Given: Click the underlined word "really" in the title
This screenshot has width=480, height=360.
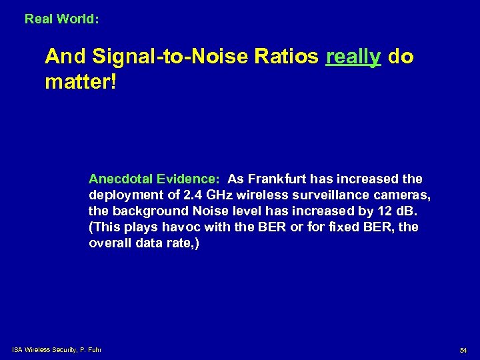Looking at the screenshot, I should pyautogui.click(x=353, y=57).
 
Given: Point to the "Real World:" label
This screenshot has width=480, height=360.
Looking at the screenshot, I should pyautogui.click(x=62, y=19).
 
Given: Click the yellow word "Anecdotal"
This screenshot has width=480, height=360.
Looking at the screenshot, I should pyautogui.click(x=120, y=179).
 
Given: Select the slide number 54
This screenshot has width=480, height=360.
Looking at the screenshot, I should pyautogui.click(x=463, y=350).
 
